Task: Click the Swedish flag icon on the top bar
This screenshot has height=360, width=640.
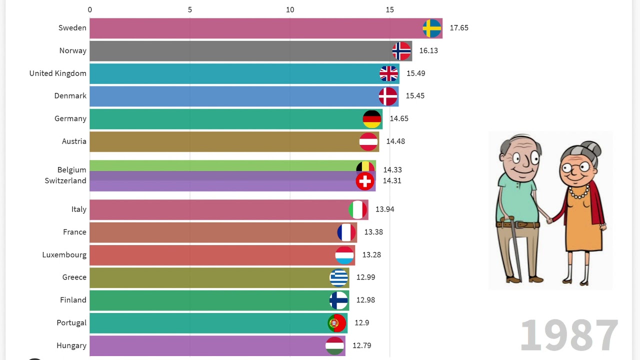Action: pyautogui.click(x=431, y=28)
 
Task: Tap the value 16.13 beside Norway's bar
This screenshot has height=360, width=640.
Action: pyautogui.click(x=428, y=50)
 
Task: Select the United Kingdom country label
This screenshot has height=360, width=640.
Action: pyautogui.click(x=57, y=73)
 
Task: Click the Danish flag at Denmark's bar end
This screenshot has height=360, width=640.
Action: pyautogui.click(x=388, y=96)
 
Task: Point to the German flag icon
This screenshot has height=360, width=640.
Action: pyautogui.click(x=372, y=119)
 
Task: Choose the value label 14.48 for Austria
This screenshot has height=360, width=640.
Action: pyautogui.click(x=395, y=141)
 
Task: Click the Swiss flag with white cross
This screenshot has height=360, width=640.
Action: pyautogui.click(x=365, y=181)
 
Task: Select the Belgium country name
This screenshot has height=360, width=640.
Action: pyautogui.click(x=71, y=170)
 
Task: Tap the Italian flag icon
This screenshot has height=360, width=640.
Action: pyautogui.click(x=358, y=209)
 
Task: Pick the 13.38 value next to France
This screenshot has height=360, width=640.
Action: pyautogui.click(x=373, y=232)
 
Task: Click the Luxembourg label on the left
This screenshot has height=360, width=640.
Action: pyautogui.click(x=64, y=255)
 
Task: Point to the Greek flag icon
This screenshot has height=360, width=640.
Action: pyautogui.click(x=339, y=277)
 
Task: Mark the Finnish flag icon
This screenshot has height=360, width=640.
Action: pyautogui.click(x=338, y=300)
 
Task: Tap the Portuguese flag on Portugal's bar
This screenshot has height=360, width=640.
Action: pyautogui.click(x=337, y=323)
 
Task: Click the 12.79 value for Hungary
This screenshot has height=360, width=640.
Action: pyautogui.click(x=362, y=345)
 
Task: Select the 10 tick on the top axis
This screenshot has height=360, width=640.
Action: pyautogui.click(x=290, y=9)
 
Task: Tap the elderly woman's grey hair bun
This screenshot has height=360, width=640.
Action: pyautogui.click(x=593, y=148)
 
